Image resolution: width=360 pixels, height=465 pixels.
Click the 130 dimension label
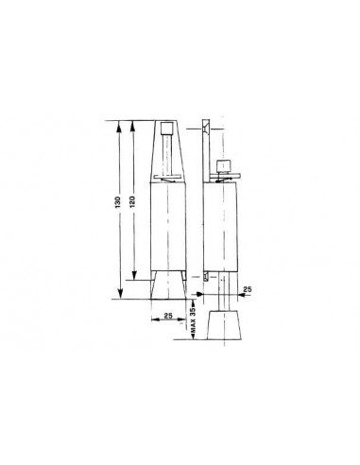tap(117, 202)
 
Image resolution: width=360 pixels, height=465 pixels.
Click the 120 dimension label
tap(132, 201)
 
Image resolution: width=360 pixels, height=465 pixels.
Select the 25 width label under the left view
tap(168, 316)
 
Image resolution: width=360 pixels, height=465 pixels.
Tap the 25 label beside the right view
tap(248, 289)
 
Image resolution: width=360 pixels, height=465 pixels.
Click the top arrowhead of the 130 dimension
tap(119, 125)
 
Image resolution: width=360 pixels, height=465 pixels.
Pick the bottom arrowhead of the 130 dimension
tap(120, 294)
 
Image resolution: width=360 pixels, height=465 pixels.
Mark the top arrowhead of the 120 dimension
tap(133, 125)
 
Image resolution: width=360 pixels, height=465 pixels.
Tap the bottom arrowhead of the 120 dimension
tap(134, 275)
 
